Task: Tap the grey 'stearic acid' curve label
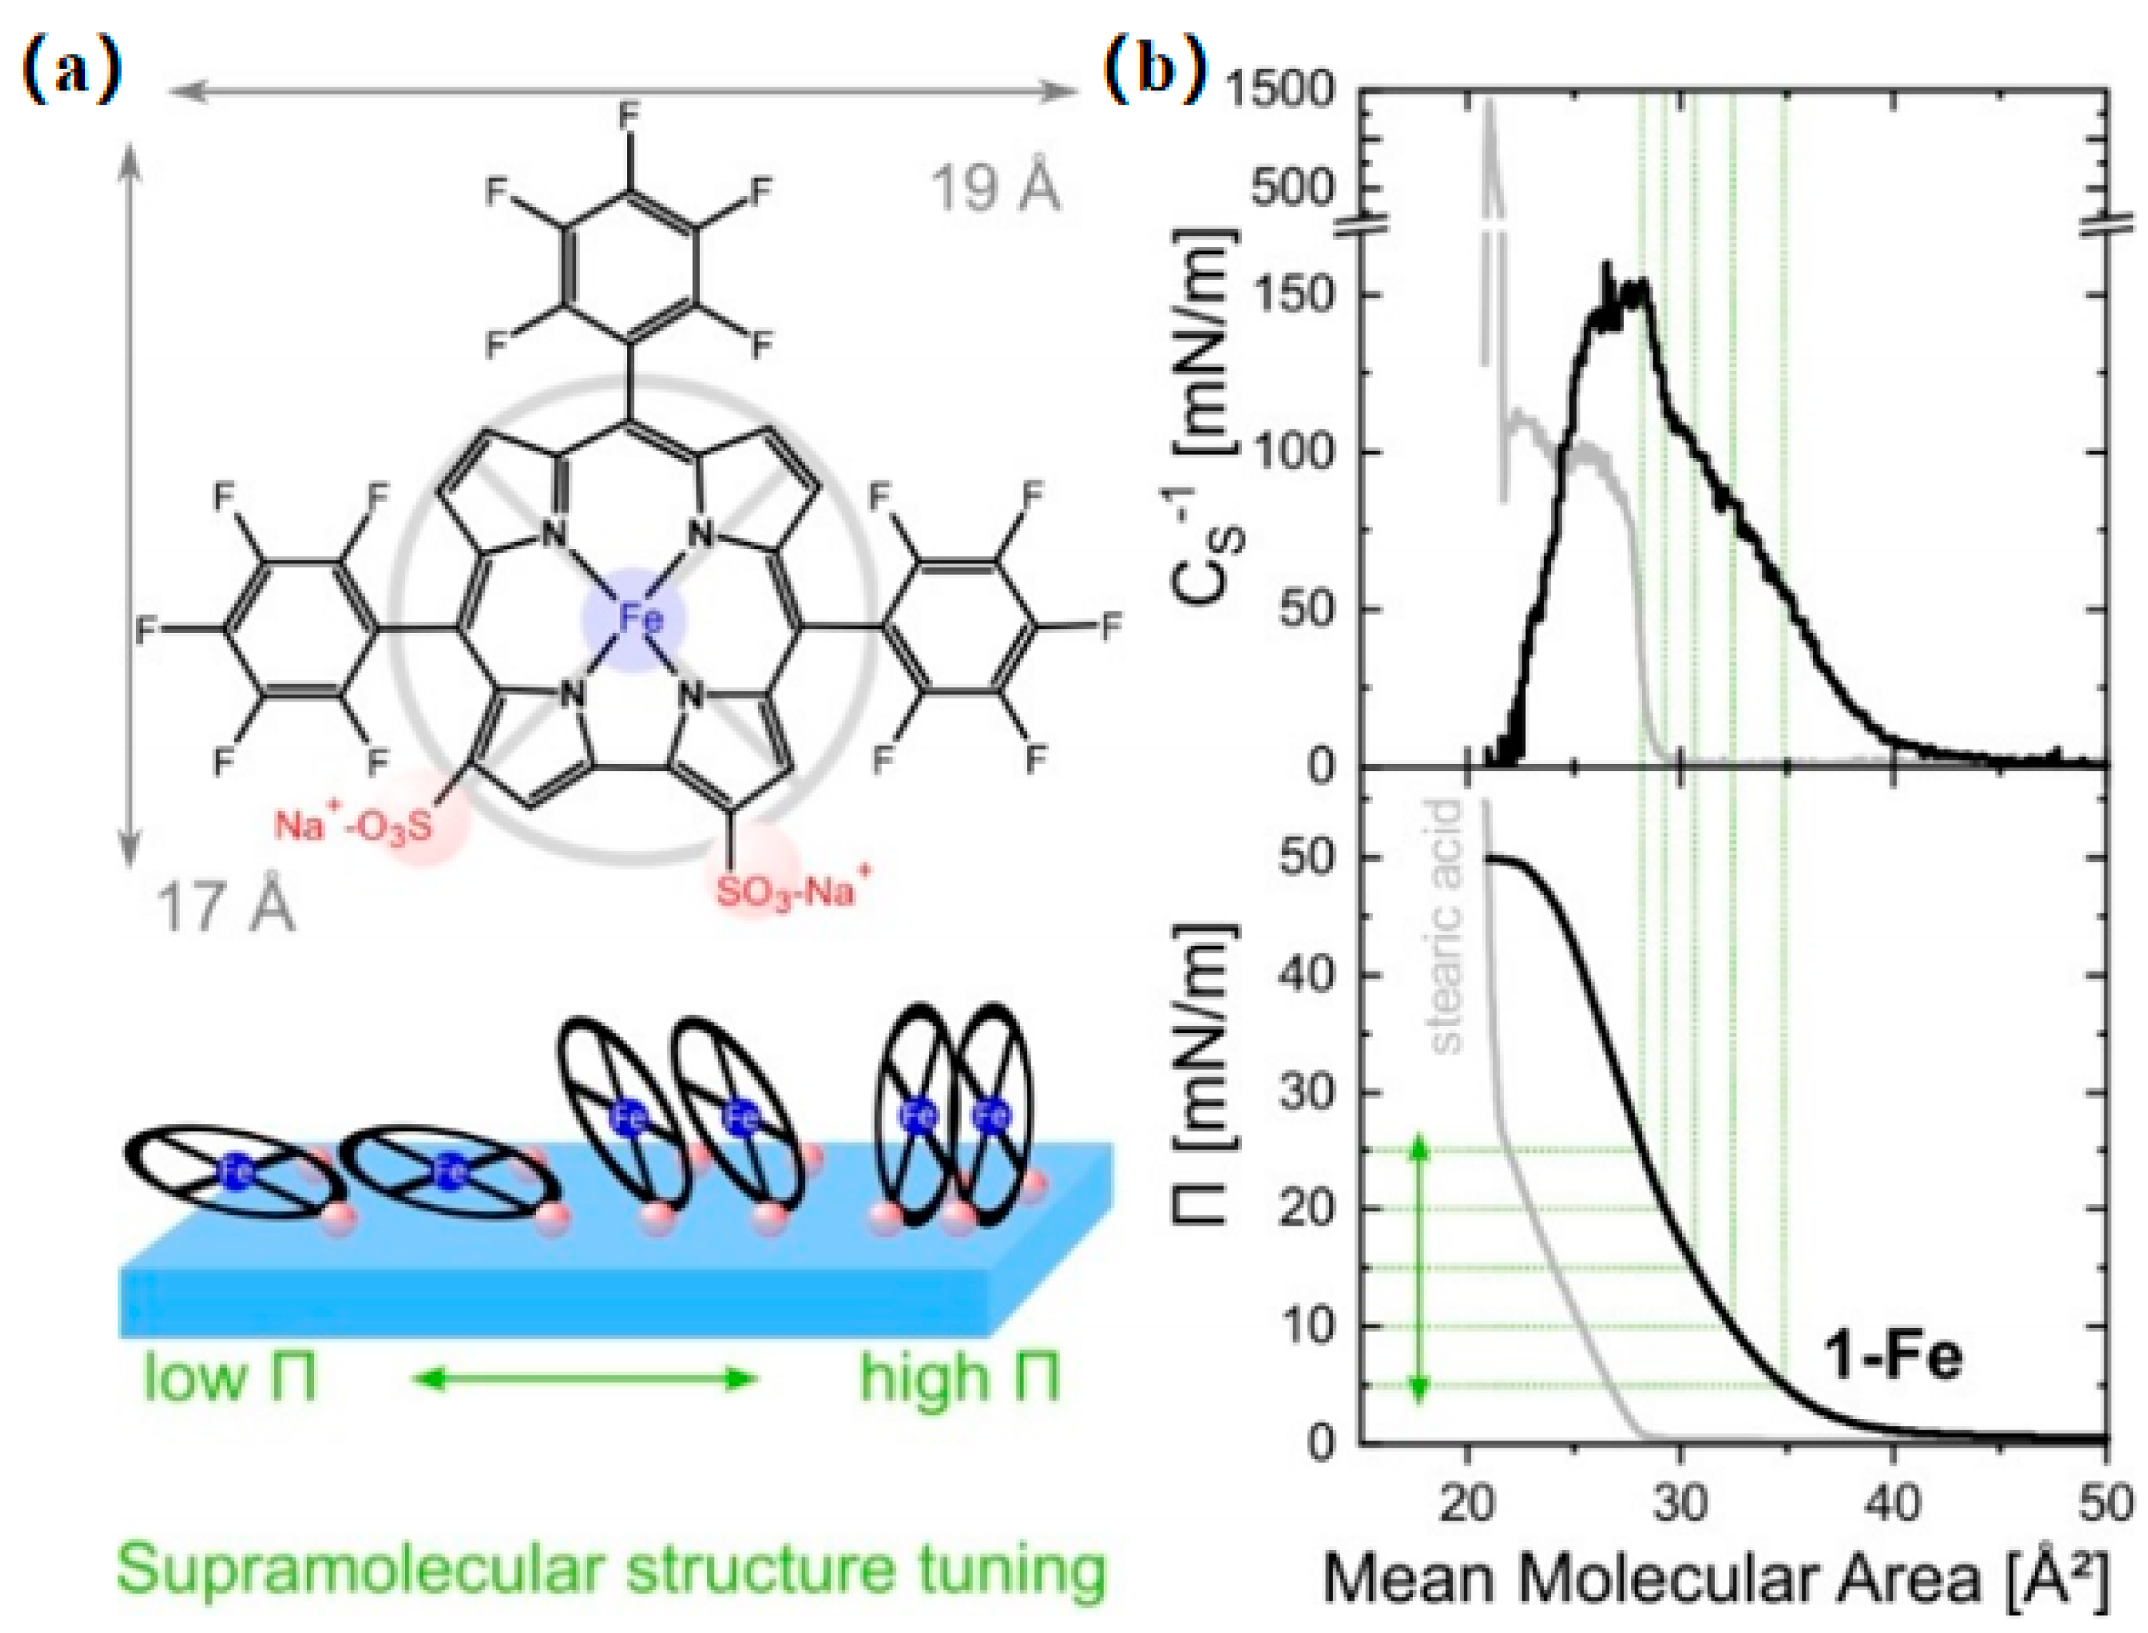click(1447, 926)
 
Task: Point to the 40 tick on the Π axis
click(1308, 974)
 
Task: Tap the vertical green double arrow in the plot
click(1420, 1269)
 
